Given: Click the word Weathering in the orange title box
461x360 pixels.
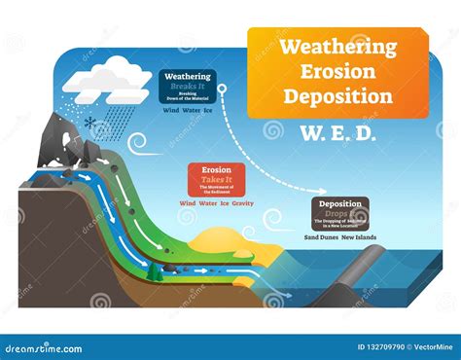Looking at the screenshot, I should pyautogui.click(x=337, y=47).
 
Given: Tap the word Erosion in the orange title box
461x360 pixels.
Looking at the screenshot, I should pyautogui.click(x=337, y=71).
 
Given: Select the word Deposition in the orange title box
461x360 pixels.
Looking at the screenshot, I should pyautogui.click(x=337, y=95).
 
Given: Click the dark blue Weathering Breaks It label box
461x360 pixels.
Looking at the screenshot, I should pyautogui.click(x=188, y=85).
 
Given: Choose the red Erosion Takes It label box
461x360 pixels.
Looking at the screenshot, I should pyautogui.click(x=217, y=181).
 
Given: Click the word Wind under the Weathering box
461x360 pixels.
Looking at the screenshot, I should pyautogui.click(x=170, y=110).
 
